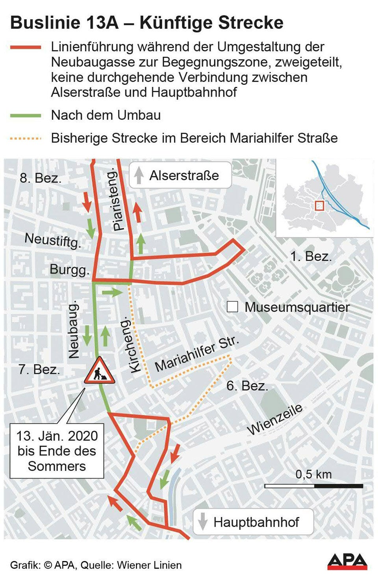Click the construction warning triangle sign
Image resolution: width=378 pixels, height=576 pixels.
tap(100, 371)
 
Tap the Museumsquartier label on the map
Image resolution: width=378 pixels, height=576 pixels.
tap(297, 307)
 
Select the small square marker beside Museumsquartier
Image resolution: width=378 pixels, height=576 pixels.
tap(232, 307)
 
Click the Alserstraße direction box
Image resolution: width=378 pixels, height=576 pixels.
tap(180, 175)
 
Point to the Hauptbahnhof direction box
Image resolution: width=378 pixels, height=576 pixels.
tap(253, 522)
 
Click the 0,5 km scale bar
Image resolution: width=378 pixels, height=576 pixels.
tap(313, 486)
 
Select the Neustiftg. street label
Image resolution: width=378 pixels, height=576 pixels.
tap(53, 240)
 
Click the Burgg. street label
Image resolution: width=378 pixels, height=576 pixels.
tap(69, 270)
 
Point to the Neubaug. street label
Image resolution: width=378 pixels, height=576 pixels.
tap(74, 330)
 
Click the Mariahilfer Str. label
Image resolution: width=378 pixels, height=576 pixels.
tap(197, 354)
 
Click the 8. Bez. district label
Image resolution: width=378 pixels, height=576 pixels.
tap(41, 178)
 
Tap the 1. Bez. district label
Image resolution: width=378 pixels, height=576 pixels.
tap(311, 257)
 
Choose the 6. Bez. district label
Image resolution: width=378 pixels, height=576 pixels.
tap(247, 386)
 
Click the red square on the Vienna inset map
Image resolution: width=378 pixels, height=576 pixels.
tap(319, 205)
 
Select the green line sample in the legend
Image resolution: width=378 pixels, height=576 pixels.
tap(26, 116)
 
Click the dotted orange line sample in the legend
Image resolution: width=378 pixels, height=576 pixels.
tap(26, 138)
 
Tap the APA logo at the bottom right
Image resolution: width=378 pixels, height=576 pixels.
tap(347, 561)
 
